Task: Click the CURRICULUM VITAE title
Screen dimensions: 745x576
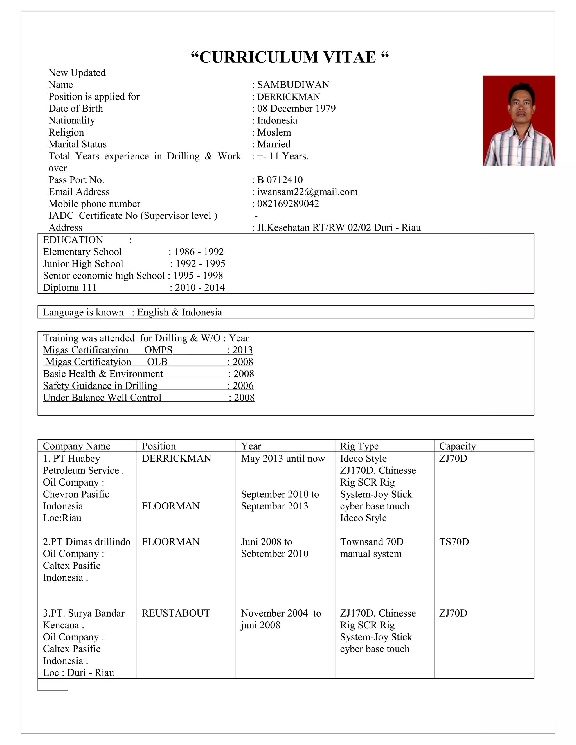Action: (290, 57)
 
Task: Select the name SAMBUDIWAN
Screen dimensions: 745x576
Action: (293, 85)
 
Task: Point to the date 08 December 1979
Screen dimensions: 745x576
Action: (296, 109)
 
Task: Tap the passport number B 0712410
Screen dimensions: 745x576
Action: (280, 180)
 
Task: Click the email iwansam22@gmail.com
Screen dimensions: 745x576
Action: (307, 192)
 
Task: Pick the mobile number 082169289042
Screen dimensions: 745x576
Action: (288, 204)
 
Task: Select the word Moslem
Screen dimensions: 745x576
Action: (274, 132)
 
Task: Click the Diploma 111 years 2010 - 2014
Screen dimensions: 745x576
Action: (200, 288)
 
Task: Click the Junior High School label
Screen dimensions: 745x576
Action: (83, 264)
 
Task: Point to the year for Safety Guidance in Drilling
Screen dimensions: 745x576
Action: (243, 386)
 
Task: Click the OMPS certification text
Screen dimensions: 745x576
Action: (158, 350)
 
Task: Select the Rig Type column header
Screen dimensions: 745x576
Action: (359, 446)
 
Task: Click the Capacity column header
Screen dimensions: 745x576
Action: (457, 446)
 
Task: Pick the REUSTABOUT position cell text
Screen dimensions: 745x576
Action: (176, 613)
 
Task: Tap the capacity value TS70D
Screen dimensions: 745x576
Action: (454, 542)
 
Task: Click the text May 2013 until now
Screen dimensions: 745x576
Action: (283, 459)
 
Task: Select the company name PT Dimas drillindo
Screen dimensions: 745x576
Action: (87, 542)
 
